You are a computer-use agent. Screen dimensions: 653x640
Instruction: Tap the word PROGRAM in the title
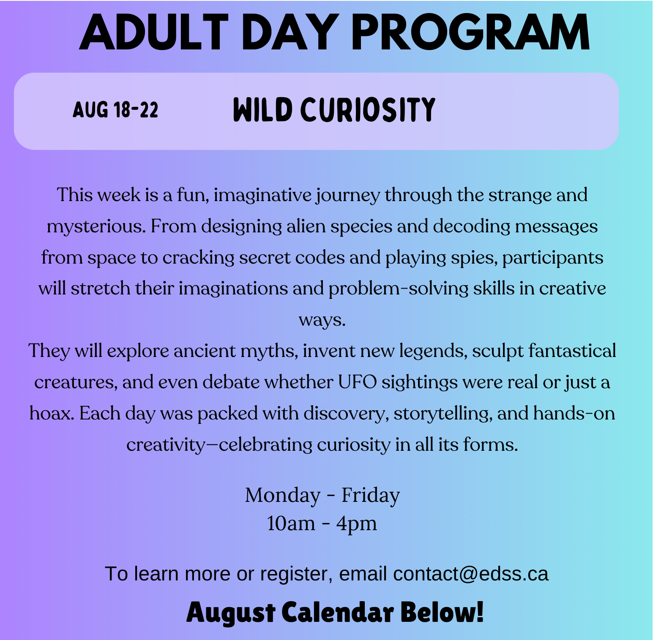tap(470, 33)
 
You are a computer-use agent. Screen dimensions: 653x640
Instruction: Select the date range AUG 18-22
tap(115, 110)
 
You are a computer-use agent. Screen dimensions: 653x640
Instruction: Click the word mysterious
tap(96, 227)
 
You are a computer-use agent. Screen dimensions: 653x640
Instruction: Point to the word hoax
tap(52, 413)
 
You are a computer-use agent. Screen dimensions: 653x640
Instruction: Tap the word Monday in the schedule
tap(283, 496)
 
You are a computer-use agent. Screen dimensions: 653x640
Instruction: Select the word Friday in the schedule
tap(371, 496)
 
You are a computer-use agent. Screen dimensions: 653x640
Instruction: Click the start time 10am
tap(291, 523)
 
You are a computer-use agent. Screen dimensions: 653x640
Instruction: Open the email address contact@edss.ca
tap(471, 574)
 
